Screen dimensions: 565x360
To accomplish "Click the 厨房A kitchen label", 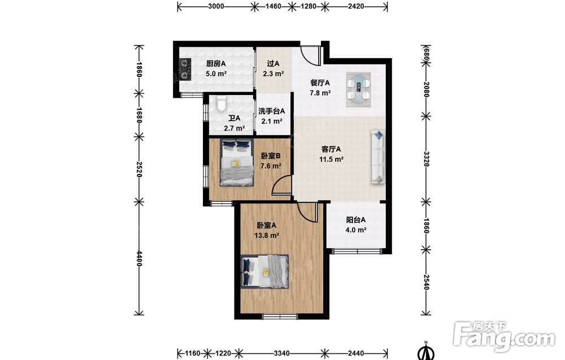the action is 216,64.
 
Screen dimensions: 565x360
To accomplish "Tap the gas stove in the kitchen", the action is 185,69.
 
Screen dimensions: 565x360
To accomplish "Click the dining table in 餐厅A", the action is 359,90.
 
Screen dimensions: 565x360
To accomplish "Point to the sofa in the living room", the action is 378,158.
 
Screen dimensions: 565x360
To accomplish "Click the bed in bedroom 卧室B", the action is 237,162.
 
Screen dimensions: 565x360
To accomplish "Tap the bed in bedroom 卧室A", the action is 265,272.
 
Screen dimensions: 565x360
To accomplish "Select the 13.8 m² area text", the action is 267,236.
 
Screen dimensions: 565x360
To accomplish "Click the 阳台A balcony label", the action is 356,219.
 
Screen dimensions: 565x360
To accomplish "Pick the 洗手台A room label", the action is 272,111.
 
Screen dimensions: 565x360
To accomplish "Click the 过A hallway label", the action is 273,64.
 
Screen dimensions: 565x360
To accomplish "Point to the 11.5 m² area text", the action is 331,159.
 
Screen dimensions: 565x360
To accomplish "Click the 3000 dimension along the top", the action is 216,6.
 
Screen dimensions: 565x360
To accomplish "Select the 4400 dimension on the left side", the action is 139,258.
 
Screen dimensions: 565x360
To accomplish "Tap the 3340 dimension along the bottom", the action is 281,353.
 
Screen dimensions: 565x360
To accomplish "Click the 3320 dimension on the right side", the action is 426,159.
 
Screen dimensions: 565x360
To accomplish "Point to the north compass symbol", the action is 426,352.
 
